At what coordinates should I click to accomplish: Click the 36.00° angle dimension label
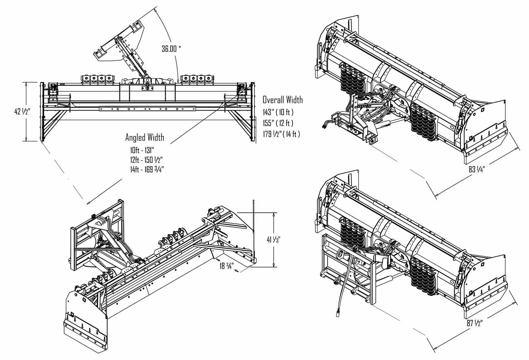tap(171, 49)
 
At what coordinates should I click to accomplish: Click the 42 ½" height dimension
tap(22, 112)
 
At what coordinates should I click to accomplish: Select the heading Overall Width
tap(282, 100)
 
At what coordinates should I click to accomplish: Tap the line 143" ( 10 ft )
tap(278, 112)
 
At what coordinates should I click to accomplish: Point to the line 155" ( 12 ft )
tap(278, 123)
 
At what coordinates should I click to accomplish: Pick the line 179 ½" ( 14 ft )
tap(281, 134)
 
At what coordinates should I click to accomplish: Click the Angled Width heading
tap(144, 137)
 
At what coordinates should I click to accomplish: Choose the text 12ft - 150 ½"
tap(146, 160)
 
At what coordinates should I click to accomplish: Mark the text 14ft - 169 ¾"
tap(147, 170)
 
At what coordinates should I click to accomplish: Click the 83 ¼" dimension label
tap(476, 169)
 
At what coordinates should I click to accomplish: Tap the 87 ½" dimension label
tap(475, 323)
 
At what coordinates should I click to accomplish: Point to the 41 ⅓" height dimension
tap(273, 239)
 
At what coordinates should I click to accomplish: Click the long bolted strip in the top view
tap(147, 109)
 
